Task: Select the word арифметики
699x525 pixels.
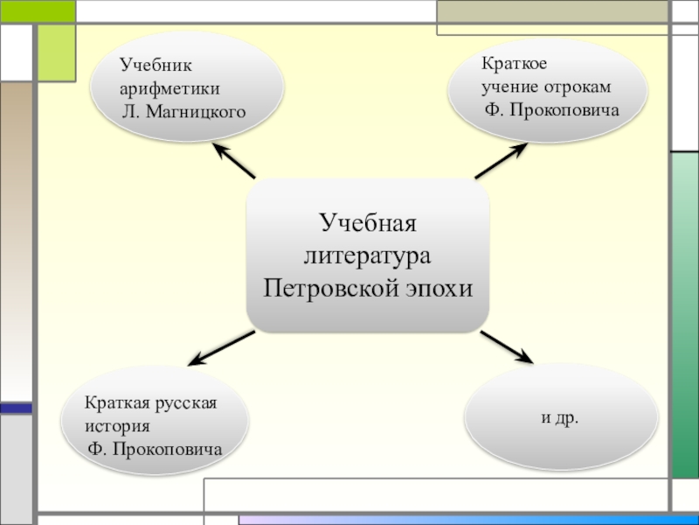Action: [x=170, y=88]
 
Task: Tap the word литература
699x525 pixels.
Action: [x=368, y=255]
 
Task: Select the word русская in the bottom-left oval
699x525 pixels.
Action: [x=184, y=403]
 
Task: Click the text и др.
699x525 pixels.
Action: [x=560, y=418]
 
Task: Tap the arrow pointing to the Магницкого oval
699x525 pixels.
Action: [x=233, y=161]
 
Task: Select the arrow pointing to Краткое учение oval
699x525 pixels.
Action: [x=502, y=161]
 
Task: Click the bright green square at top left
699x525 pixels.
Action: [x=55, y=51]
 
